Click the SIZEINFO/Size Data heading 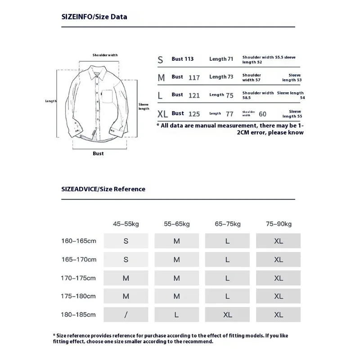94,17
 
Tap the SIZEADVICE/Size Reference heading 103,189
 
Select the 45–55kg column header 126,224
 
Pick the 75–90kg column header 278,224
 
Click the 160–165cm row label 79,241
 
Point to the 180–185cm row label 79,315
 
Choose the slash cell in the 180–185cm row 126,315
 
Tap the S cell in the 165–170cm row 126,260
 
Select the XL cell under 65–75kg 228,315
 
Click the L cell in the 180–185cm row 177,315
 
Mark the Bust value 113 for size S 189,59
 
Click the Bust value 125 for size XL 194,114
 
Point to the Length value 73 230,77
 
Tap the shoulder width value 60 262,114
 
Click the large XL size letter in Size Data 162,114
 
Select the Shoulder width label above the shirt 105,55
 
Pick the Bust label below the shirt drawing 98,153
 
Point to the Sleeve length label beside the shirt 144,106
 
